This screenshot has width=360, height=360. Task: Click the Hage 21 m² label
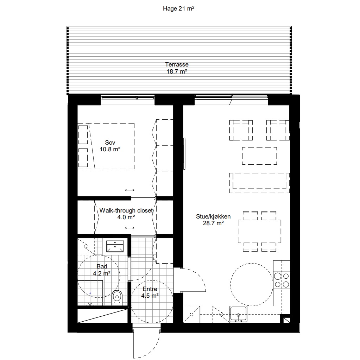click(x=179, y=8)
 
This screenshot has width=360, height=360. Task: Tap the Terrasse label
click(x=177, y=64)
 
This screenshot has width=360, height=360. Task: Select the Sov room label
click(x=110, y=143)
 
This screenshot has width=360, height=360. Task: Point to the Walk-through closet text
click(x=126, y=210)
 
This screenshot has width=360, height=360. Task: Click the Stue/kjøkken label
click(x=213, y=216)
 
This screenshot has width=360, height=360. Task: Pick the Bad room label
click(x=102, y=266)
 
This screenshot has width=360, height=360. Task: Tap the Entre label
click(x=150, y=289)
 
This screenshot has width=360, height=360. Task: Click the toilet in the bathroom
click(x=117, y=298)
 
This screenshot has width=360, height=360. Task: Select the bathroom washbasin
click(x=115, y=246)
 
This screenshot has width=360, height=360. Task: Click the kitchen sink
click(x=239, y=314)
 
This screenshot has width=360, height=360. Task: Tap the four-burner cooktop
click(x=282, y=280)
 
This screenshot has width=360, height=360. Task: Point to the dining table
click(x=259, y=232)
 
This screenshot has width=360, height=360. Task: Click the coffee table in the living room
click(x=259, y=156)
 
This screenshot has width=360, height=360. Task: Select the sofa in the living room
click(x=259, y=183)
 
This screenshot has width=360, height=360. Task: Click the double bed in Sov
click(x=106, y=146)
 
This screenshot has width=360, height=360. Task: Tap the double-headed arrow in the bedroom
click(x=130, y=190)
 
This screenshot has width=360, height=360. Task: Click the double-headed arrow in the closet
click(x=130, y=228)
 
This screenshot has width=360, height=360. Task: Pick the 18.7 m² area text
click(x=177, y=72)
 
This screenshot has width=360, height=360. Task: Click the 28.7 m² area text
click(x=213, y=223)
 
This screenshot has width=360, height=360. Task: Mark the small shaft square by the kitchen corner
click(x=287, y=320)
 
